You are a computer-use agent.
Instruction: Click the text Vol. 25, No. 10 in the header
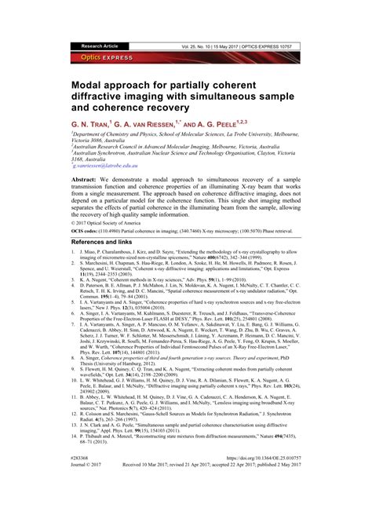pyautogui.click(x=200, y=46)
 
